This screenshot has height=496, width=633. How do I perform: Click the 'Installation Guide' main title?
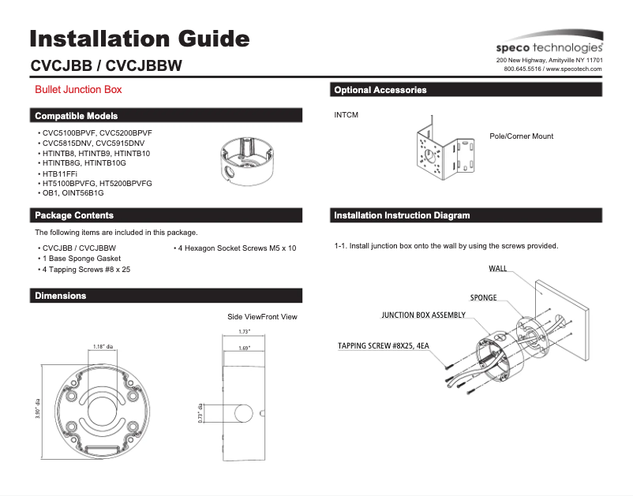140,39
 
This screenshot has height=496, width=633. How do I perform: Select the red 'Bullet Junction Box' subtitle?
78,90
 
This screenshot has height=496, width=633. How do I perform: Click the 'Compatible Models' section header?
77,116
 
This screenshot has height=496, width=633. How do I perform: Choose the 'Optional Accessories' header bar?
380,90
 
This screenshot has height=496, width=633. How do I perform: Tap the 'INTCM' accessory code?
346,116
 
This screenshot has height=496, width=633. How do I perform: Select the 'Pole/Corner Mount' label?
521,136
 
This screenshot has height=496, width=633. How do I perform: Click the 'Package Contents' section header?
74,215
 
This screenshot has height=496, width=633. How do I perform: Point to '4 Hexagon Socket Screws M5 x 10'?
234,248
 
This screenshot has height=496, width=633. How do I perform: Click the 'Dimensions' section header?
61,296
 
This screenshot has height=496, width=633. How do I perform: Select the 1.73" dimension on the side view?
244,332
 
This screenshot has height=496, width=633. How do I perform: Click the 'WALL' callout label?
497,269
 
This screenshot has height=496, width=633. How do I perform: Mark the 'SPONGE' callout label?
483,298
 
